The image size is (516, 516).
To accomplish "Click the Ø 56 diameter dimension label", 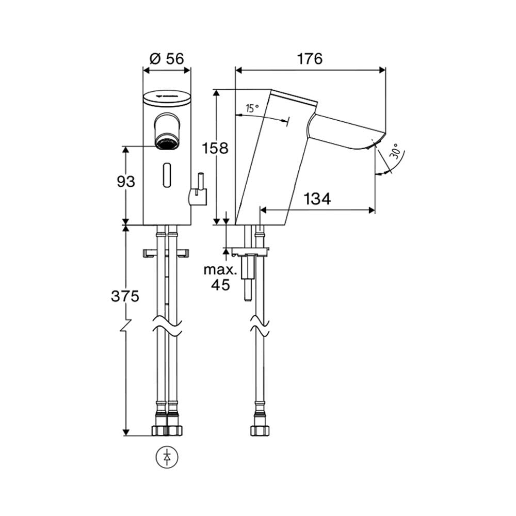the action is point(167,59).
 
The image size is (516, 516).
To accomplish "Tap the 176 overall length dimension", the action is point(310,59).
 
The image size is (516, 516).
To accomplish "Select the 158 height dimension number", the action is point(215,148).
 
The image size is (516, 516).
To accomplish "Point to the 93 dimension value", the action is point(126,181).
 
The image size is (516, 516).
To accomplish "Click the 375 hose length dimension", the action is point(125,297).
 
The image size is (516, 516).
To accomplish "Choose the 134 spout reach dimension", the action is point(317,199).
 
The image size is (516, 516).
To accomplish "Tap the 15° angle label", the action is point(252,108).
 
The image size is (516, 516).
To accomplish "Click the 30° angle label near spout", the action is point(396,151).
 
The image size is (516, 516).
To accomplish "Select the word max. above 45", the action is point(220,270).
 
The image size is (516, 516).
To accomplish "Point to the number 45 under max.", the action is point(220,285).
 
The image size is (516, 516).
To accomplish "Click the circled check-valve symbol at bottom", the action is point(167,457).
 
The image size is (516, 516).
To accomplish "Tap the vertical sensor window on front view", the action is point(167,175).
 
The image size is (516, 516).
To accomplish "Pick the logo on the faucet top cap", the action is point(167,96).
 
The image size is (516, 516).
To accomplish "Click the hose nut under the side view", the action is point(260,430).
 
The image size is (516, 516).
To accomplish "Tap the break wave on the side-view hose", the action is point(260,326).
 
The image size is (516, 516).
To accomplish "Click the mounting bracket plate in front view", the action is point(167,253).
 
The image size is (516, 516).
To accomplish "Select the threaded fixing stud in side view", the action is point(248,277).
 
